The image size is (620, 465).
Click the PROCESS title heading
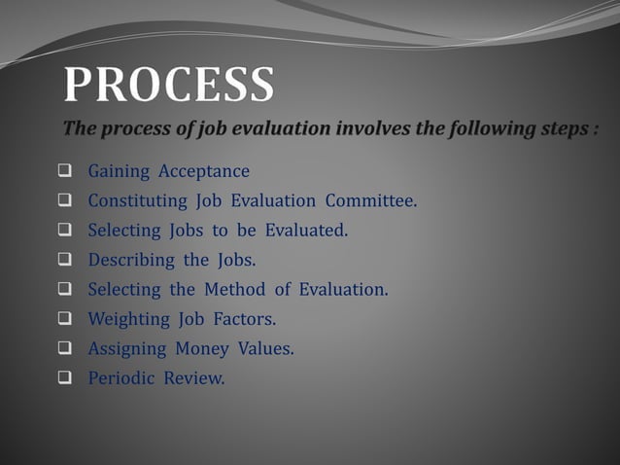pos(169,85)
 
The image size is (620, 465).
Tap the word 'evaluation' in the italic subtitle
pos(271,129)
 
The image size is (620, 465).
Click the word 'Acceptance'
pos(204,172)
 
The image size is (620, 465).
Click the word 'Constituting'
pos(137,201)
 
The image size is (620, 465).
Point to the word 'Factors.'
pos(242,318)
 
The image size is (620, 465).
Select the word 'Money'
pos(203,347)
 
